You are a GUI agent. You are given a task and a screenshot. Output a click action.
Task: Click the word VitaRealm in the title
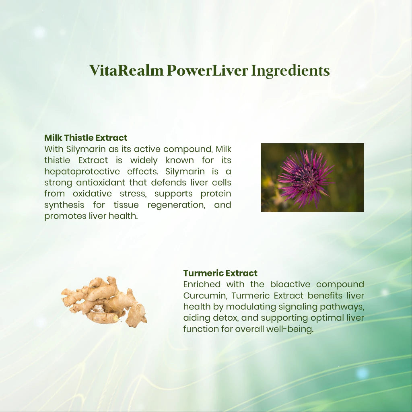pyautogui.click(x=126, y=70)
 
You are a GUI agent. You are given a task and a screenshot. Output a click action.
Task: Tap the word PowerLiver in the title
pyautogui.click(x=207, y=70)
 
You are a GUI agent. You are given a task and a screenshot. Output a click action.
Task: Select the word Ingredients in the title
pyautogui.click(x=290, y=70)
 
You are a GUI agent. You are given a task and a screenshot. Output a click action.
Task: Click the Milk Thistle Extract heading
pyautogui.click(x=86, y=138)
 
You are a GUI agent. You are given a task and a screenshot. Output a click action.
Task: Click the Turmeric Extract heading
pyautogui.click(x=220, y=274)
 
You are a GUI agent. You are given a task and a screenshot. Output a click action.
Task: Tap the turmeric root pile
pyautogui.click(x=104, y=302)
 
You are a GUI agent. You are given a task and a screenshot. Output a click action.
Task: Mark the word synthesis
pyautogui.click(x=64, y=205)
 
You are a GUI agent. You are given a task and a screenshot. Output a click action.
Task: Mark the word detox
pyautogui.click(x=216, y=318)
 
